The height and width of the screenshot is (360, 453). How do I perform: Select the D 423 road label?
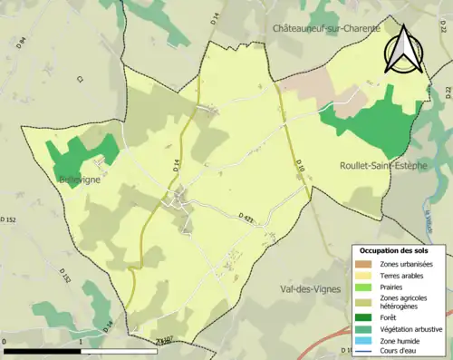coord(248,217)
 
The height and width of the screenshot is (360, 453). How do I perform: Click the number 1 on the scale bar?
coord(81,342)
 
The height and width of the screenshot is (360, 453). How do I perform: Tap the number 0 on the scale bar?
coord(5,342)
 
